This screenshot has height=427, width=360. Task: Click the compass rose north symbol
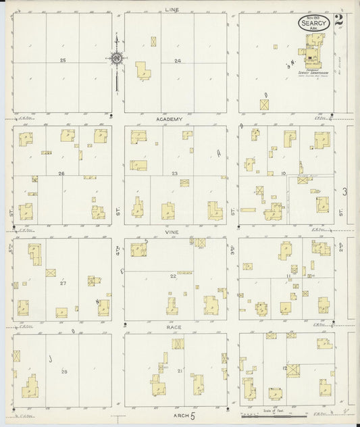tap(117, 59)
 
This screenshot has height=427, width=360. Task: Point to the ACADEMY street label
tap(170, 119)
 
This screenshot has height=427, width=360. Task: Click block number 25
tap(63, 61)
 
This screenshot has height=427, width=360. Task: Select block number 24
tap(177, 61)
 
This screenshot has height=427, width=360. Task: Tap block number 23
tap(174, 174)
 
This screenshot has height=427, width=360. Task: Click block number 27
tap(63, 283)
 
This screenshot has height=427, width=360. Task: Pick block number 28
tap(65, 372)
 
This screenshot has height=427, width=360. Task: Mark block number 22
tap(173, 276)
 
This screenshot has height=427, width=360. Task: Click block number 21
tap(180, 372)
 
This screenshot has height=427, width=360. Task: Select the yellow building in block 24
tap(143, 70)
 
